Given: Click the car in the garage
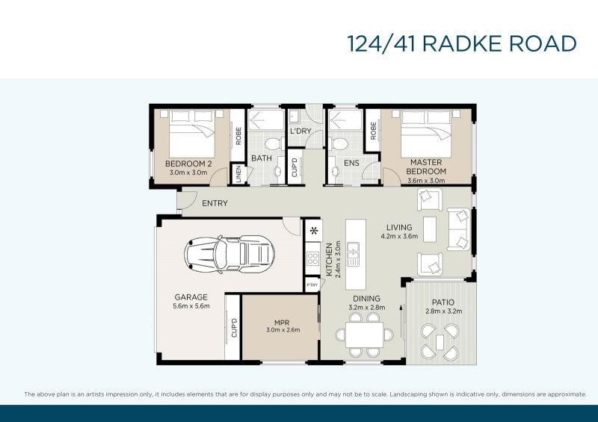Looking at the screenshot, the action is [x=229, y=253].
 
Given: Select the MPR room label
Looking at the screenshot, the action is [x=283, y=323].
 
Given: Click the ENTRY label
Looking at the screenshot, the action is [x=215, y=203].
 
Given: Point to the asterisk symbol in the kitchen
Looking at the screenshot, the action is [x=314, y=231].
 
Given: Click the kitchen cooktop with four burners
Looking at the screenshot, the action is [x=313, y=258].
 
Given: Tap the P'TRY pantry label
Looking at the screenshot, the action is [x=312, y=285].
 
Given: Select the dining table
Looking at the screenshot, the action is [x=364, y=335].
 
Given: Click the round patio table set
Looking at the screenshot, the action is [x=440, y=341].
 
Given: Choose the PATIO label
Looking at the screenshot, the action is [x=443, y=302].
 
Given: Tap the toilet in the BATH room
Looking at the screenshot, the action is [x=273, y=144].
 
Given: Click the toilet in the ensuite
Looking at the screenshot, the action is [x=339, y=144].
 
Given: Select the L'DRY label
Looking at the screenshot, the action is [x=300, y=131].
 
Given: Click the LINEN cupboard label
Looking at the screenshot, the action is [x=238, y=174].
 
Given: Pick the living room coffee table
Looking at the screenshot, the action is [x=430, y=229].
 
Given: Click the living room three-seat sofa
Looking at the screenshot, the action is [x=459, y=229].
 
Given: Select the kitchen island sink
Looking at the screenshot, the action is [x=353, y=249].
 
